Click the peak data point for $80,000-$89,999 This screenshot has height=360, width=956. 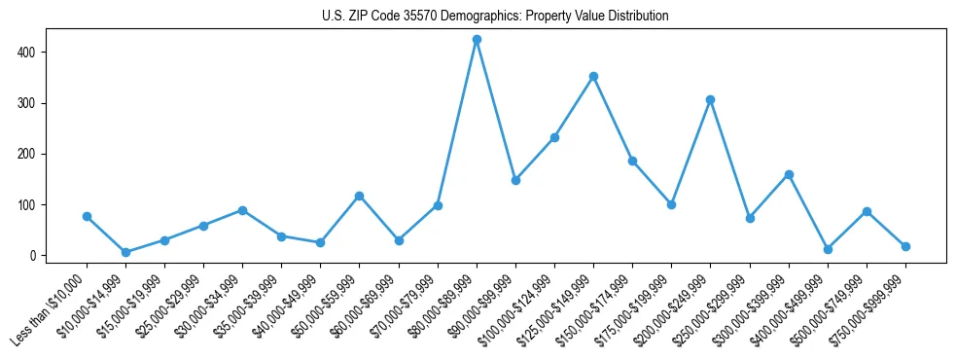pyautogui.click(x=477, y=40)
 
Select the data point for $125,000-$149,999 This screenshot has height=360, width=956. pyautogui.click(x=593, y=76)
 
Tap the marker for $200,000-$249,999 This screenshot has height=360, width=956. pyautogui.click(x=711, y=99)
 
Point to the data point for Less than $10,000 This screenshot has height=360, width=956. pyautogui.click(x=87, y=216)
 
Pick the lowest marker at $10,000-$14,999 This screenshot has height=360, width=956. pyautogui.click(x=125, y=252)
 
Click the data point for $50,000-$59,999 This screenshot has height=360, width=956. pyautogui.click(x=360, y=196)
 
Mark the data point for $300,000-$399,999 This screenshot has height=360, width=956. pyautogui.click(x=789, y=174)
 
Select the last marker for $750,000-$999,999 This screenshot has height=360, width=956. pyautogui.click(x=905, y=246)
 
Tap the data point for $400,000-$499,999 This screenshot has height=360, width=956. pyautogui.click(x=828, y=249)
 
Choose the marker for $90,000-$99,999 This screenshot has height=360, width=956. pyautogui.click(x=515, y=180)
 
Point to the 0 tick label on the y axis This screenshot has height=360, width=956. pyautogui.click(x=34, y=256)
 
